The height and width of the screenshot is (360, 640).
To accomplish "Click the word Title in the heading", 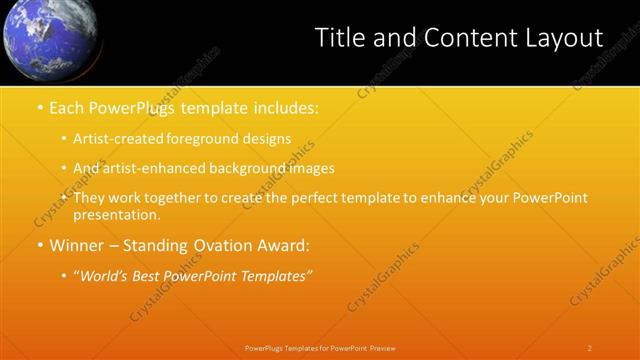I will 342,38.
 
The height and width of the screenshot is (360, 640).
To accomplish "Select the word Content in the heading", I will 462,38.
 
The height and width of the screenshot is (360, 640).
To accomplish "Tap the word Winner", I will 77,245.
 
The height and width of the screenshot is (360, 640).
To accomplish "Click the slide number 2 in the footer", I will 589,348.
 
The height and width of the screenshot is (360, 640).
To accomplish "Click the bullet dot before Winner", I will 39,245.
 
